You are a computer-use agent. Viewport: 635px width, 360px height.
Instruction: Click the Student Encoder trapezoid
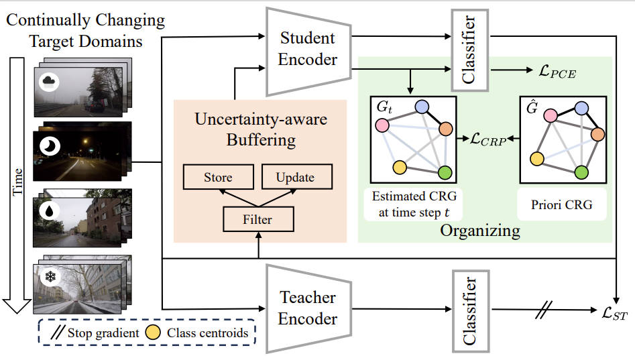click(308, 50)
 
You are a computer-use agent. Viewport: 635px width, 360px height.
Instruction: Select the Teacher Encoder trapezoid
click(308, 308)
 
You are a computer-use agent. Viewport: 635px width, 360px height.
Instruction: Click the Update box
click(294, 178)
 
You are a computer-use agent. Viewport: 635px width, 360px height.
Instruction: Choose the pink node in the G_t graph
click(383, 125)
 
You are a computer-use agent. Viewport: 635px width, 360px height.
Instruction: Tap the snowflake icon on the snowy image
click(50, 276)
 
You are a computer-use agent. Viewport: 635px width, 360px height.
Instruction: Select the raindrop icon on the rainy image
click(50, 211)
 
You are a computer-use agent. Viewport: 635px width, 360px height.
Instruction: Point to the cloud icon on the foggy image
click(51, 81)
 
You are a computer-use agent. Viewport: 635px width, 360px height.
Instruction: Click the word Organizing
click(480, 231)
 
